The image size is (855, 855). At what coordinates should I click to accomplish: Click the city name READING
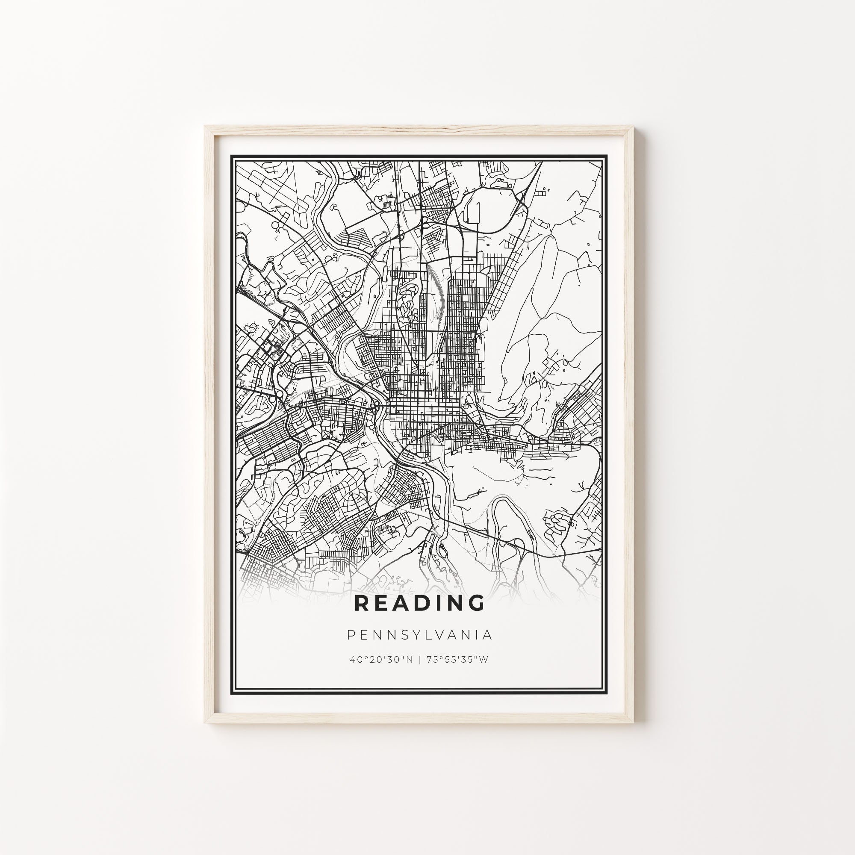[x=419, y=603]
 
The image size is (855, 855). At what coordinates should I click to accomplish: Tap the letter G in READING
[x=476, y=603]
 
